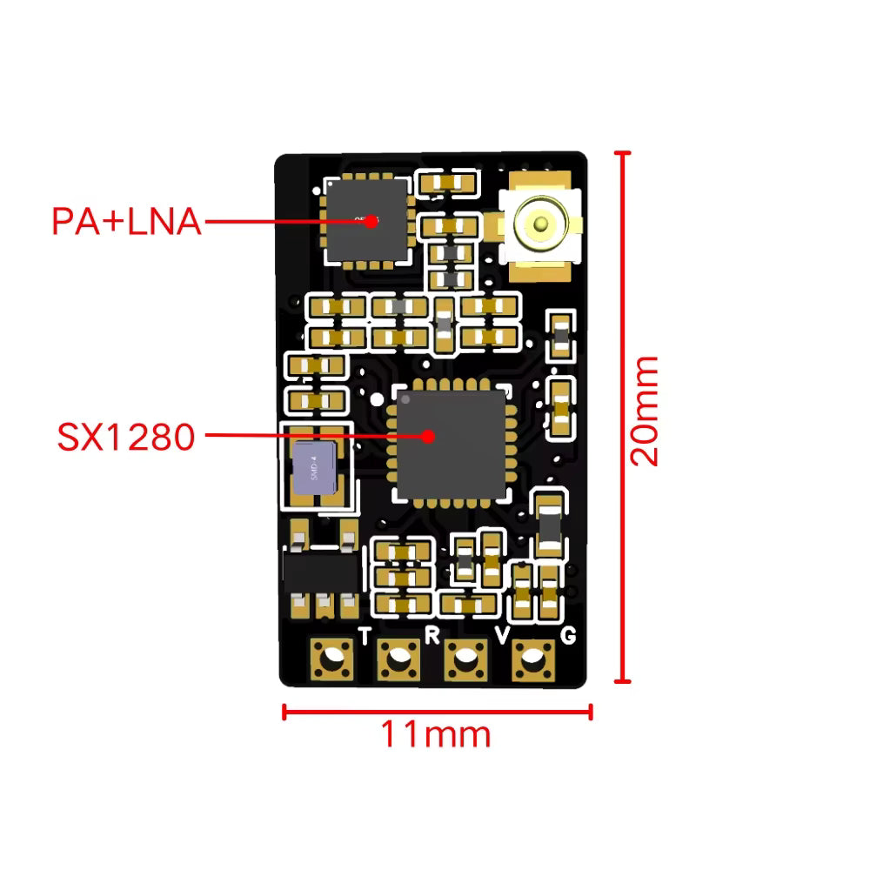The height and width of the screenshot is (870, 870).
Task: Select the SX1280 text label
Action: pyautogui.click(x=126, y=436)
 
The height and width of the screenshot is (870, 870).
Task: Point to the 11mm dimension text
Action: pyautogui.click(x=435, y=735)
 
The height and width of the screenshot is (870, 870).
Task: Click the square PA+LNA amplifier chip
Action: pyautogui.click(x=365, y=221)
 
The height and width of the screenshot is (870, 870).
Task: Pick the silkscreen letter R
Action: pyautogui.click(x=432, y=634)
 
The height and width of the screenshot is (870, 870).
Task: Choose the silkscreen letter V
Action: pyautogui.click(x=502, y=636)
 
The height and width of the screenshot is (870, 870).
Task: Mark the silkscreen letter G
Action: pyautogui.click(x=567, y=636)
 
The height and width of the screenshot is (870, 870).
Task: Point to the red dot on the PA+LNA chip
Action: pyautogui.click(x=371, y=221)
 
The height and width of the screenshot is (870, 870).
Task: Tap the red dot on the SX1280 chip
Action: pyautogui.click(x=427, y=436)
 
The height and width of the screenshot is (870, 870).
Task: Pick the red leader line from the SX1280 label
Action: pyautogui.click(x=304, y=436)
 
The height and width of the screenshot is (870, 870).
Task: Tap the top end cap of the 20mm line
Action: pyautogui.click(x=621, y=153)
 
